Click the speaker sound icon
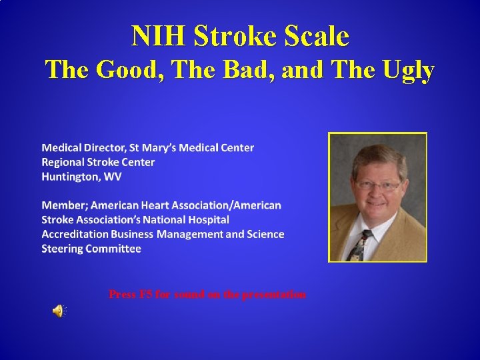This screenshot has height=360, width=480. pos(59,310)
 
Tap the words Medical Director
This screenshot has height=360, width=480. pos(83,147)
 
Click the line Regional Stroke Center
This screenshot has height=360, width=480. pos(98,162)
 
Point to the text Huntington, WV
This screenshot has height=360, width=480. pos(81,177)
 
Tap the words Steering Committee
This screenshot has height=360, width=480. pos(91,249)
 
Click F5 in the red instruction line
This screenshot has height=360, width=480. pos(145,294)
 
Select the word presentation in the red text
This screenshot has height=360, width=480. pos(273,294)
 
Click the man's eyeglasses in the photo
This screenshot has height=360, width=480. pos(377,185)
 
